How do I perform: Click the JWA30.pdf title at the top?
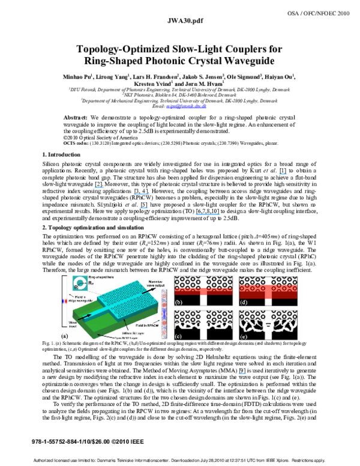(180, 20)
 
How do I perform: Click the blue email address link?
(187, 106)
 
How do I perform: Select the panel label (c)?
(178, 336)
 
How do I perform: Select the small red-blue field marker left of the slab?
(64, 300)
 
